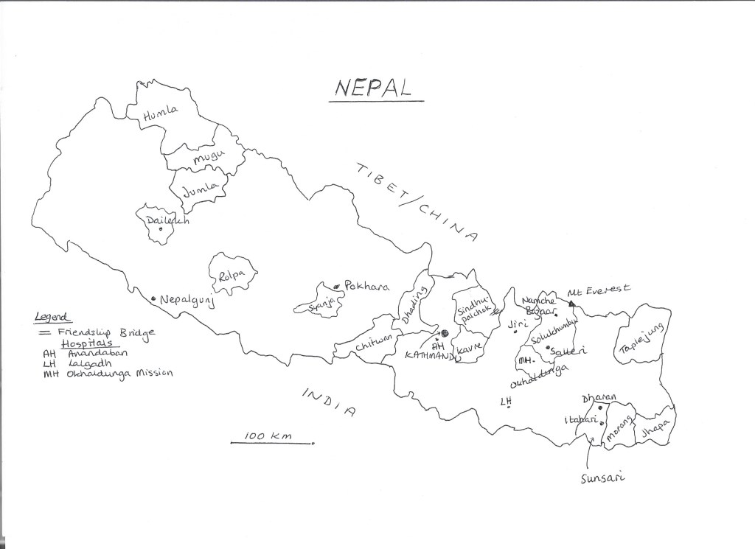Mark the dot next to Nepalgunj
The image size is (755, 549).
tap(153, 298)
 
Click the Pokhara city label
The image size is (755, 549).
tap(366, 287)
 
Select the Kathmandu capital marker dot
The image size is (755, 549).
tap(444, 332)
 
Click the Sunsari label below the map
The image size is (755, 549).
tap(602, 479)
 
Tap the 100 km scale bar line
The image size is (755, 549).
tap(272, 444)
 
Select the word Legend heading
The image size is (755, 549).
tap(53, 318)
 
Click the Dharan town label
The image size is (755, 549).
tap(599, 398)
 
